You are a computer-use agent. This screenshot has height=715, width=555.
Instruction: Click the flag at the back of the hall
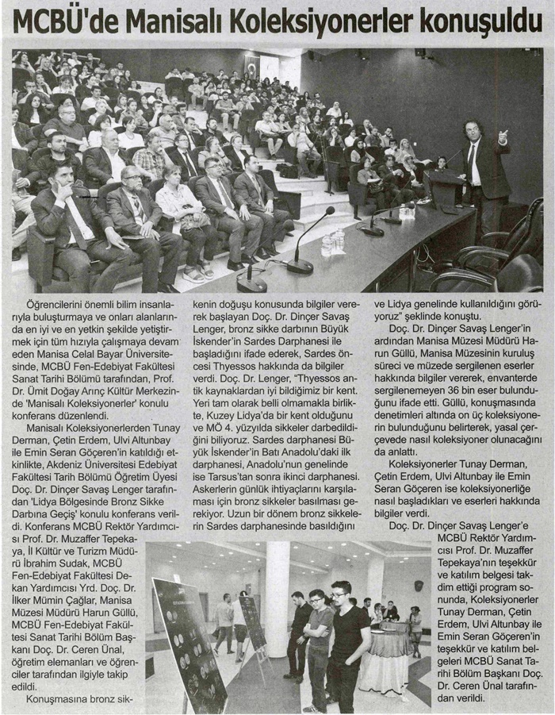click(253, 65)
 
